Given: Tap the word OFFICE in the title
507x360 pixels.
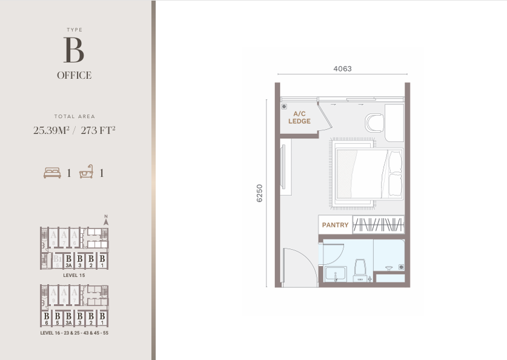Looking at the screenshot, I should point(74,76).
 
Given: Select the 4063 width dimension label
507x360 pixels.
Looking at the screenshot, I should point(342,69).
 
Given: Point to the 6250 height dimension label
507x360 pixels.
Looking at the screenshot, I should point(260,193).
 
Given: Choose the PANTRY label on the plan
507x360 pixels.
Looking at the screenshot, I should point(335,225).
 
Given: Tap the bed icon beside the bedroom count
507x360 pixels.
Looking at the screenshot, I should point(53,173).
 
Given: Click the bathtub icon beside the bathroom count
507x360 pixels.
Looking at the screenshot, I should point(87,173).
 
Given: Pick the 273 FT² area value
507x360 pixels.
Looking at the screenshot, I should point(98,130).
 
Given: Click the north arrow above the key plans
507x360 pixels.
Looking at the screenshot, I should point(105,221).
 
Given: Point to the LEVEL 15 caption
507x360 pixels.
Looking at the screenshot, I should point(74,275).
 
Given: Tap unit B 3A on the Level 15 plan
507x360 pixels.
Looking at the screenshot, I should point(69,261).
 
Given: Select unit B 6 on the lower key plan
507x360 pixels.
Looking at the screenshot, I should point(46,318).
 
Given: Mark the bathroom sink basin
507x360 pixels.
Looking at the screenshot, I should point(335,273).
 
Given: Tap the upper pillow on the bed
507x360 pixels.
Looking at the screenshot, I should point(395,162).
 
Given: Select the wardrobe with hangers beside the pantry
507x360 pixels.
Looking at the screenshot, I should point(378,225).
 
